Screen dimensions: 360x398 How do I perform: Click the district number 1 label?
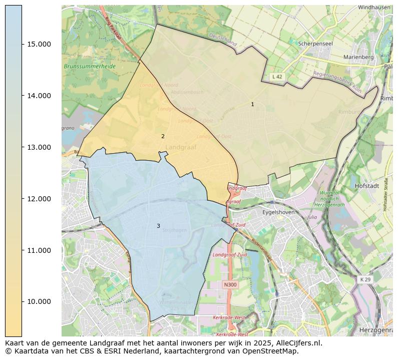(x=252, y=104)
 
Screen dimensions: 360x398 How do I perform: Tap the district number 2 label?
(x=163, y=136)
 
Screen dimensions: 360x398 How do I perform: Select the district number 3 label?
(x=158, y=226)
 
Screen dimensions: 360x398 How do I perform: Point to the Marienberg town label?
(x=358, y=57)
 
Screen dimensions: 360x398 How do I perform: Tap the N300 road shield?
(x=230, y=284)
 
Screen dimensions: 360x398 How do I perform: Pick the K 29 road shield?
(x=365, y=279)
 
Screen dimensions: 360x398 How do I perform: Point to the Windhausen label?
(x=374, y=8)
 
